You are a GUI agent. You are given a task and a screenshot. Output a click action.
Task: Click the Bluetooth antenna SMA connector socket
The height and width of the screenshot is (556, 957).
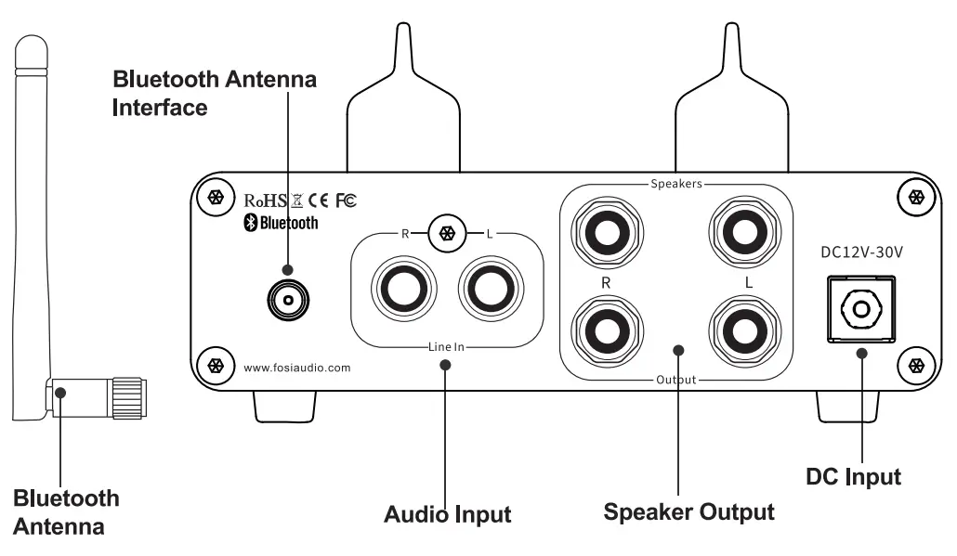coord(287,300)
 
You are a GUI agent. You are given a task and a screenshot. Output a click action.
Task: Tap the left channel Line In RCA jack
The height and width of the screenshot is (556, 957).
coord(490,289)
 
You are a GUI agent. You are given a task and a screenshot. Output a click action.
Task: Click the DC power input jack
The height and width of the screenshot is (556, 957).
coord(859,309)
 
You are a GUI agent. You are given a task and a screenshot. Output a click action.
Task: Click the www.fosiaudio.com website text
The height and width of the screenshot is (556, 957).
coord(297,368)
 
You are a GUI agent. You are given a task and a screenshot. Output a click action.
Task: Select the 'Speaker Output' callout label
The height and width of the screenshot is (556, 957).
coord(688,511)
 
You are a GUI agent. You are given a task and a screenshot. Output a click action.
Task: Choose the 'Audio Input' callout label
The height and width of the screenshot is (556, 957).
coord(448,513)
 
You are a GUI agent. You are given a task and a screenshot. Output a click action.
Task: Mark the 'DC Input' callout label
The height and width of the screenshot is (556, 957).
coord(853,477)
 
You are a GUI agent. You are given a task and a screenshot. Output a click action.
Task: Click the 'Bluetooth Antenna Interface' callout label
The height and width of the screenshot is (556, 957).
coord(214,93)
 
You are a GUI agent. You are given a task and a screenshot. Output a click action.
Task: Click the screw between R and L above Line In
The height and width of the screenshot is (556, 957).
coord(447,233)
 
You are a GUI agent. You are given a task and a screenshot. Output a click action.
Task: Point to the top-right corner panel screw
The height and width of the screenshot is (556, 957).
coord(915,197)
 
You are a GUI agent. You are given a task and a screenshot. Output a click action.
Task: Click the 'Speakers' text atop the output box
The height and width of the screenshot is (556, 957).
coord(675,184)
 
